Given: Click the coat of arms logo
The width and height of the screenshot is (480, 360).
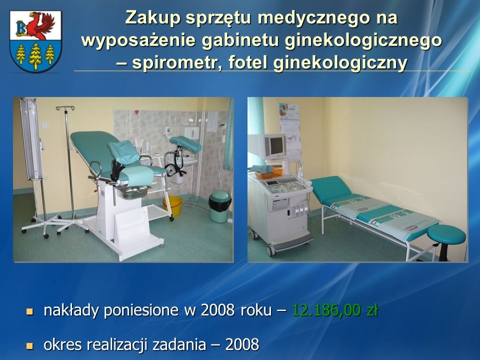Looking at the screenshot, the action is click(35, 41).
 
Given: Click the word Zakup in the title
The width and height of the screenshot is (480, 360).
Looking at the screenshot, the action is click(152, 17).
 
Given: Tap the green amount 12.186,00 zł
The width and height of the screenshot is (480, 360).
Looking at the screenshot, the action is click(335, 310).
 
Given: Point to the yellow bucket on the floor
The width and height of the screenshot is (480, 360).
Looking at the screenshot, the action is click(173, 205).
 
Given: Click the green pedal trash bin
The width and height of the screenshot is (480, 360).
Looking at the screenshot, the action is click(220, 206).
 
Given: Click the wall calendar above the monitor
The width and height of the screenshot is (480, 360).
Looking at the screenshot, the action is click(289, 130).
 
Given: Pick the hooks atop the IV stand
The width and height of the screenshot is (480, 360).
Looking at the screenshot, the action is click(65, 108).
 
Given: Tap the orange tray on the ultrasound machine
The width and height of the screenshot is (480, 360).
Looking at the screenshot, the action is click(268, 173).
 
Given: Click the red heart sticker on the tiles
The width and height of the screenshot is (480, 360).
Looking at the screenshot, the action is click(136, 112).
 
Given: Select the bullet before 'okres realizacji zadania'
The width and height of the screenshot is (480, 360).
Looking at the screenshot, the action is click(29, 346).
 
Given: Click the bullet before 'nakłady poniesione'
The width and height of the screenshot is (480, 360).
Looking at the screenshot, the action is click(29, 311).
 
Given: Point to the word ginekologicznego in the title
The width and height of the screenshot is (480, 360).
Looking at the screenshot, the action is click(363, 40).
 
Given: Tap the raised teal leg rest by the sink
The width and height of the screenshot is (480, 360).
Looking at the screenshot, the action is click(185, 144).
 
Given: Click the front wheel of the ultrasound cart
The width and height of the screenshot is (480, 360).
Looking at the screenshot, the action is click(270, 250).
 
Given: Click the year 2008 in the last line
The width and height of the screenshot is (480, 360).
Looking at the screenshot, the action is click(242, 344).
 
